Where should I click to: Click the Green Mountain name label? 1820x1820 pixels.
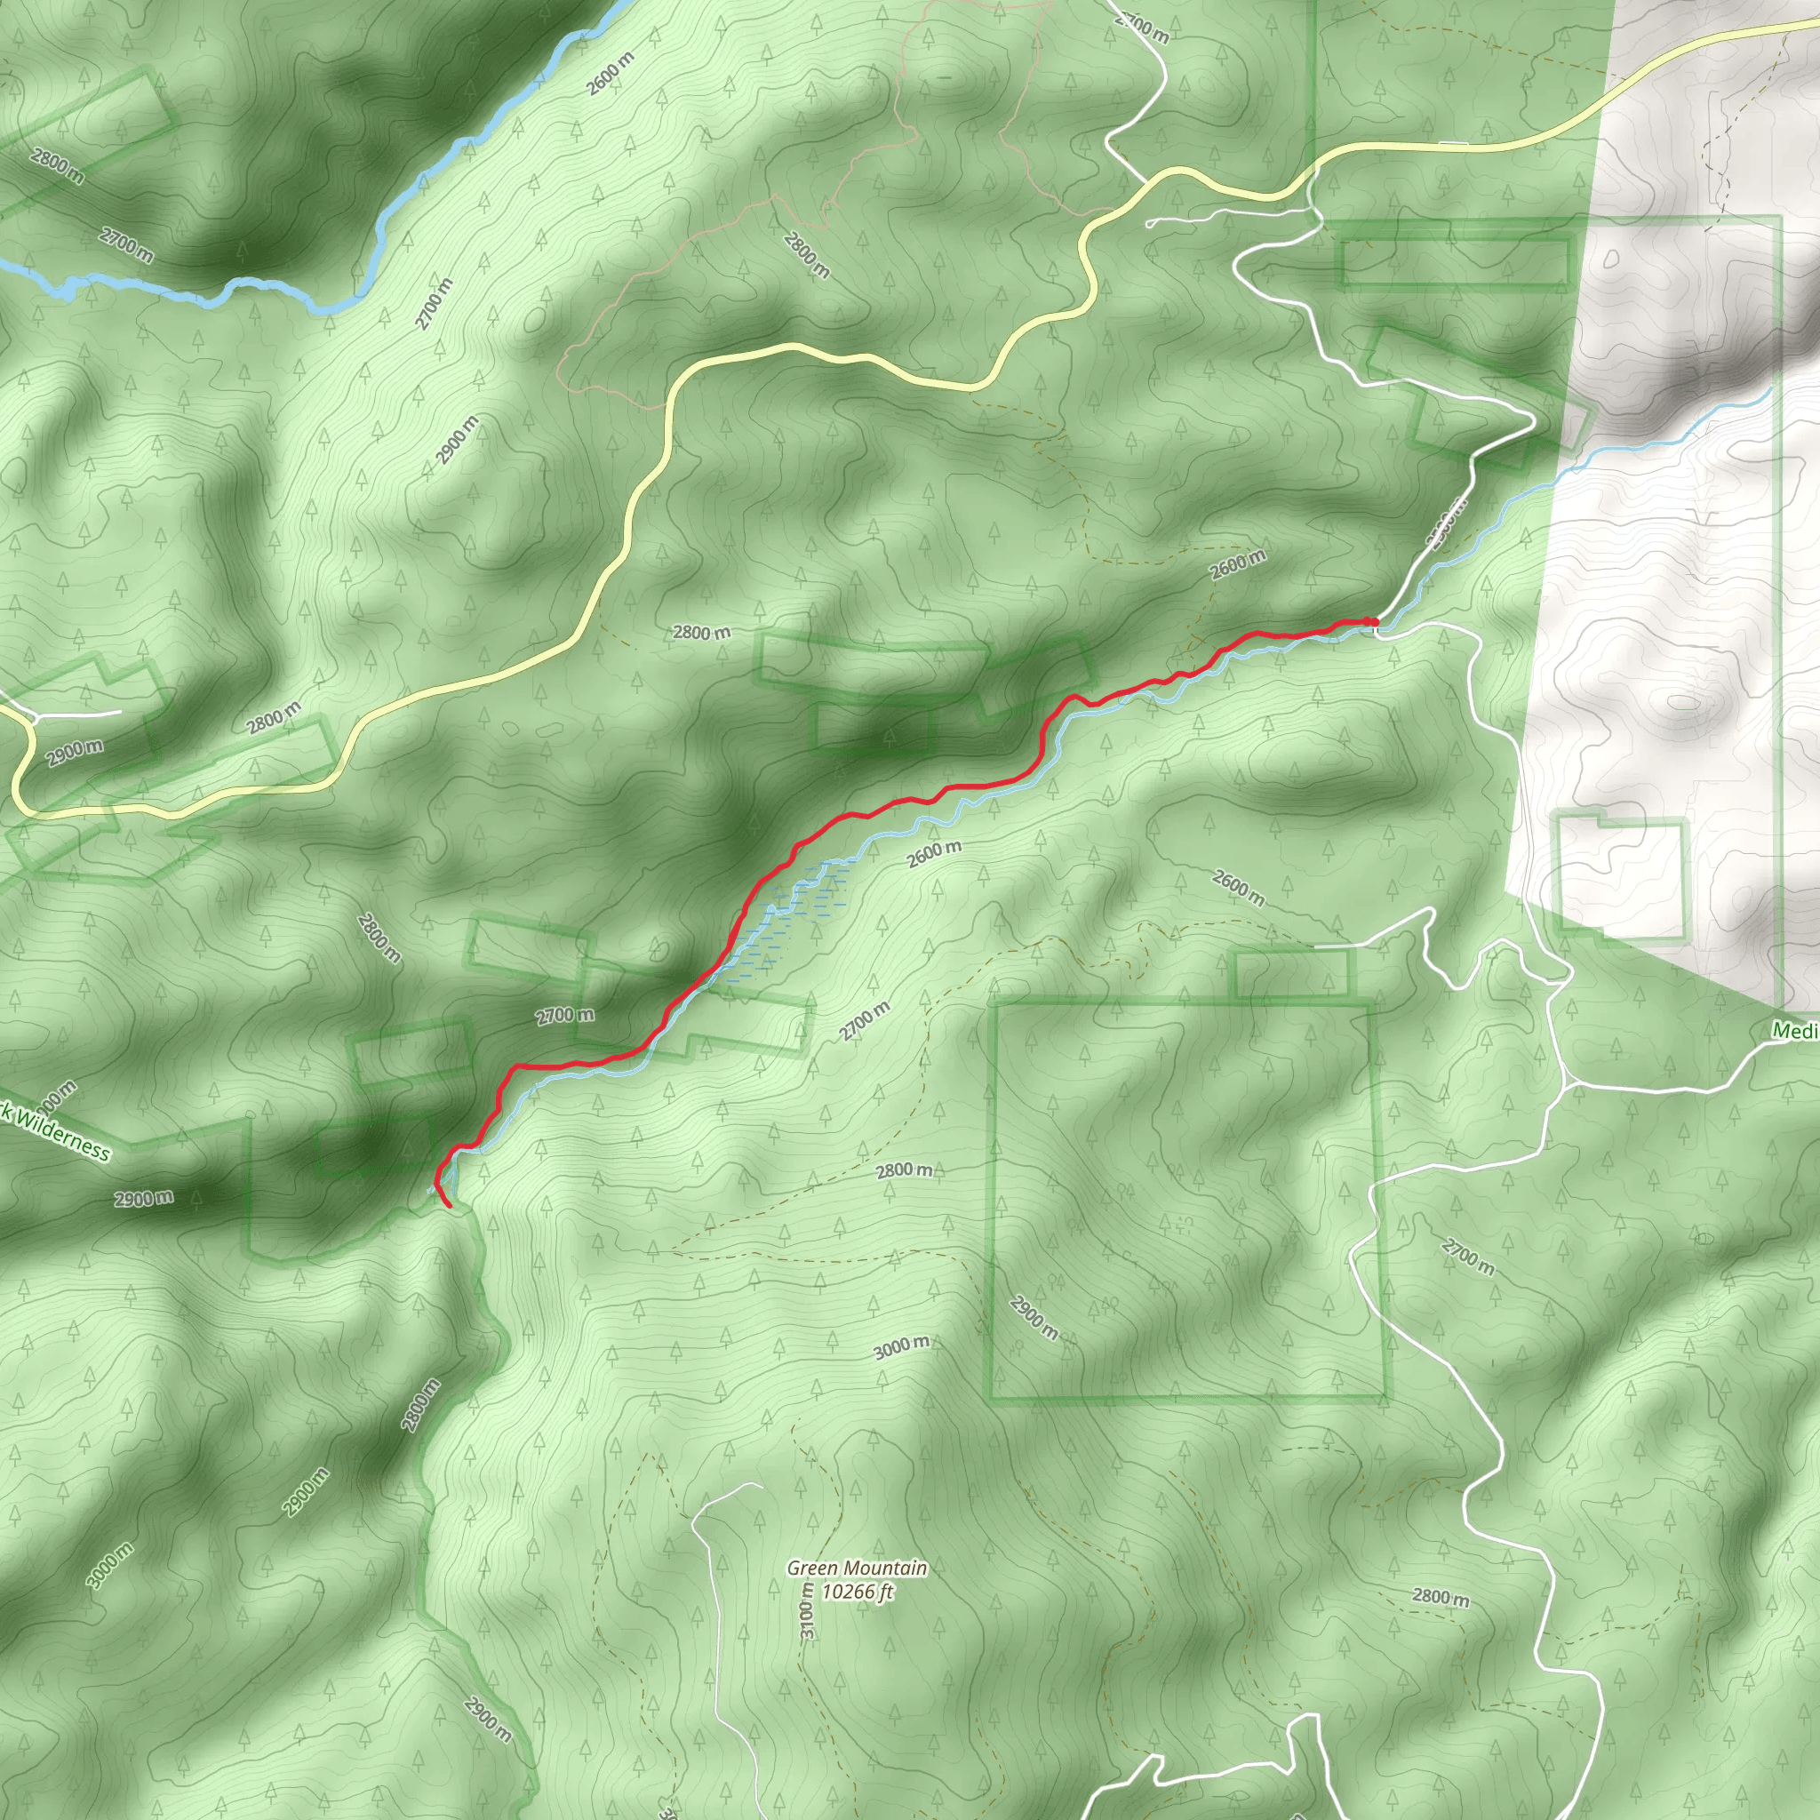pyautogui.click(x=858, y=1569)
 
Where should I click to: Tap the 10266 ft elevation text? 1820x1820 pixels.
pyautogui.click(x=857, y=1592)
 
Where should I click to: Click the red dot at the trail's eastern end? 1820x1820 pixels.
pyautogui.click(x=1375, y=622)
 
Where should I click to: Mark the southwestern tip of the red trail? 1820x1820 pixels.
pyautogui.click(x=450, y=1206)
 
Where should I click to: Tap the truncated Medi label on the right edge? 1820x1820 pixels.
pyautogui.click(x=1794, y=1031)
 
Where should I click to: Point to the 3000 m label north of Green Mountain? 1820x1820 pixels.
pyautogui.click(x=901, y=1347)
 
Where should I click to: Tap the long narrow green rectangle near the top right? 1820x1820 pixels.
pyautogui.click(x=1456, y=263)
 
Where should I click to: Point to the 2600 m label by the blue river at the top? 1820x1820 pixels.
pyautogui.click(x=610, y=74)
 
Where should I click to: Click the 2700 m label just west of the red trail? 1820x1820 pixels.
pyautogui.click(x=565, y=1016)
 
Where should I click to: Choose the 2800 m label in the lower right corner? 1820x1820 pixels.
pyautogui.click(x=1441, y=1597)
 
